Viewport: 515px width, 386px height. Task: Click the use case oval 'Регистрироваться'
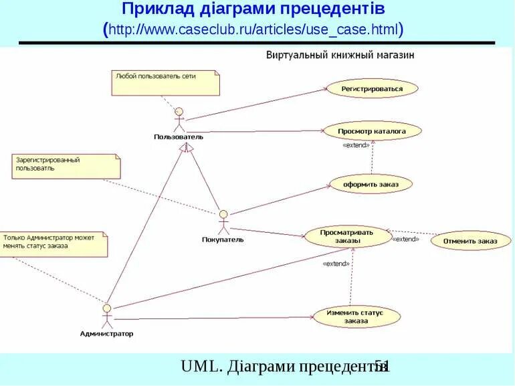[372, 88]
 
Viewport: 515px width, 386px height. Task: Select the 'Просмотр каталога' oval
[372, 132]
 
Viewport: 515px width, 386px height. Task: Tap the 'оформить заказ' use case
[371, 183]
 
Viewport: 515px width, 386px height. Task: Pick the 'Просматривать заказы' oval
[347, 236]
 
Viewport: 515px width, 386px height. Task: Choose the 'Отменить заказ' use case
[470, 241]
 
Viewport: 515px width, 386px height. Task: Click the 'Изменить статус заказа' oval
[356, 316]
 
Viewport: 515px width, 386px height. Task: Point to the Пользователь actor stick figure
[179, 120]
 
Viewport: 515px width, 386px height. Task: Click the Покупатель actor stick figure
[223, 222]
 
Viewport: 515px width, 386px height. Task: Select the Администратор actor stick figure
[106, 314]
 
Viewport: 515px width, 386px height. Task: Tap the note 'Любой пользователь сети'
[165, 83]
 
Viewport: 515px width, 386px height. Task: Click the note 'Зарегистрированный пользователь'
[66, 166]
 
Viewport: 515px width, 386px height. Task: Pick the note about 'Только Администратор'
[54, 244]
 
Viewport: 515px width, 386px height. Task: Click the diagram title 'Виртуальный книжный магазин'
[340, 55]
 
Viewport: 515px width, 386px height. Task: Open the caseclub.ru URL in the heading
[254, 29]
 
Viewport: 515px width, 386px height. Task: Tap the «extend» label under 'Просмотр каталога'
[355, 145]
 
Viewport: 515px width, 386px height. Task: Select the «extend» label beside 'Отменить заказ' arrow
[405, 239]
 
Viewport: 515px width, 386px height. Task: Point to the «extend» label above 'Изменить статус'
[336, 264]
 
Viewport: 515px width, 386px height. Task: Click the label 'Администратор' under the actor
[106, 333]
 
